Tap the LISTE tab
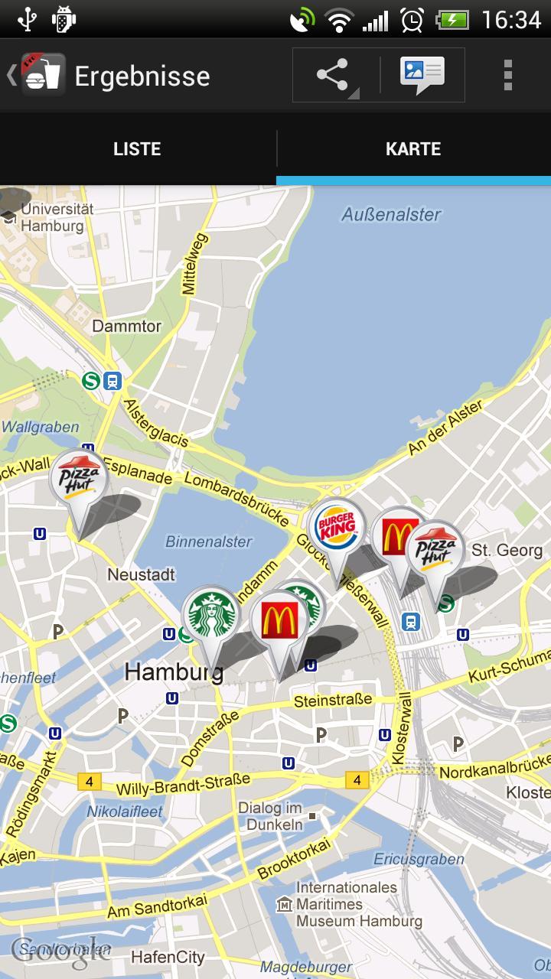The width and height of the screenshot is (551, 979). tap(137, 148)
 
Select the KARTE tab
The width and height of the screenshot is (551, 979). tap(413, 148)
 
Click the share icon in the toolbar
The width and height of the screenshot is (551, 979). tap(333, 75)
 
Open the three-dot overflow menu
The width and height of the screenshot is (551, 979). tap(507, 75)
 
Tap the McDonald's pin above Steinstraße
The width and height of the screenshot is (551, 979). tap(279, 620)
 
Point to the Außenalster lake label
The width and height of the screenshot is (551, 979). tap(391, 215)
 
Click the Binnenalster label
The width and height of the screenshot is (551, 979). tap(208, 542)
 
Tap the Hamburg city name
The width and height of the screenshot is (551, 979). tap(174, 672)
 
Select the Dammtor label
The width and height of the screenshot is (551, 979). tap(126, 327)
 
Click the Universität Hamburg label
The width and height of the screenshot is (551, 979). tap(54, 217)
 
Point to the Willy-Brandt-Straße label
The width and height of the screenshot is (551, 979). tap(183, 785)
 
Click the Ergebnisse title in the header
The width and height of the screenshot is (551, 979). tap(142, 76)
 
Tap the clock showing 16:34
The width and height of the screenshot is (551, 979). tap(510, 19)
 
